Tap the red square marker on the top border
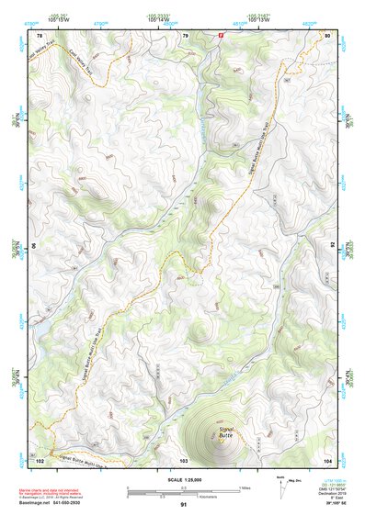221,35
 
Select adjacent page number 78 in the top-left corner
40,36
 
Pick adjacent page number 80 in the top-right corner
328,36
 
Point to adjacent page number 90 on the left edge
36,246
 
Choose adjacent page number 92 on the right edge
333,246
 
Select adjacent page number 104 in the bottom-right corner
327,458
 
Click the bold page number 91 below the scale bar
184,505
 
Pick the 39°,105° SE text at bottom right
322,505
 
